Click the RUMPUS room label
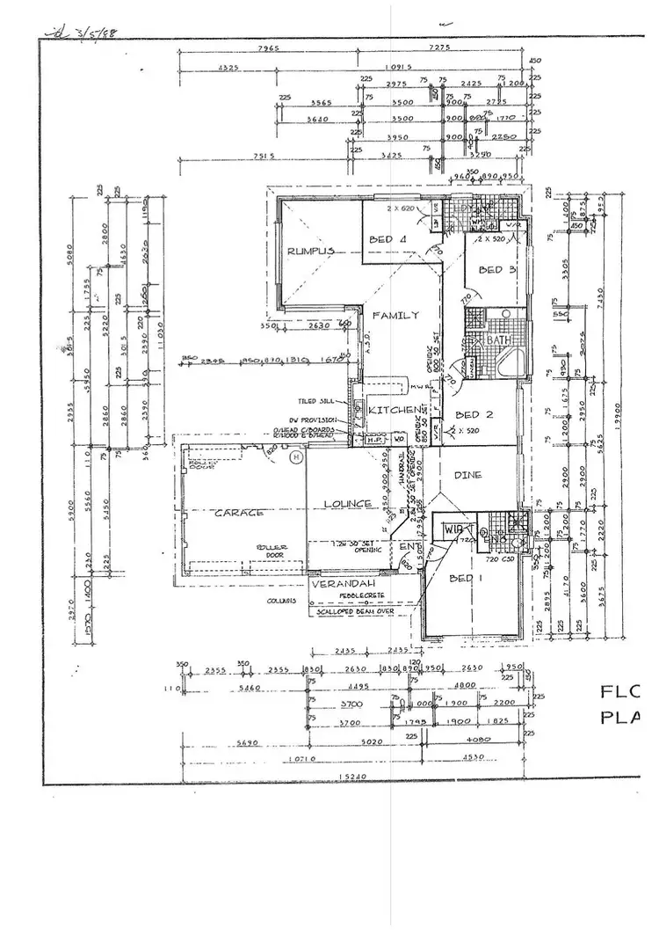(x=311, y=252)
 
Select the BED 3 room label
(x=497, y=271)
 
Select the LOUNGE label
(x=347, y=504)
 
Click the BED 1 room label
(x=463, y=578)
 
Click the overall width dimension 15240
(x=350, y=777)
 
